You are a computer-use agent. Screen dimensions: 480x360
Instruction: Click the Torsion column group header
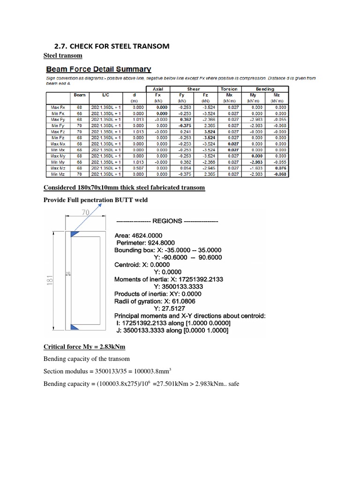pyautogui.click(x=229, y=89)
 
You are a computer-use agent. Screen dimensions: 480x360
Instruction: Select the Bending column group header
pyautogui.click(x=265, y=89)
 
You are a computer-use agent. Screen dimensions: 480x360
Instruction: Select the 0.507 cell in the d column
pyautogui.click(x=138, y=168)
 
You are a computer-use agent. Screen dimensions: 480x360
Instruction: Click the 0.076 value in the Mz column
pyautogui.click(x=280, y=168)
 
